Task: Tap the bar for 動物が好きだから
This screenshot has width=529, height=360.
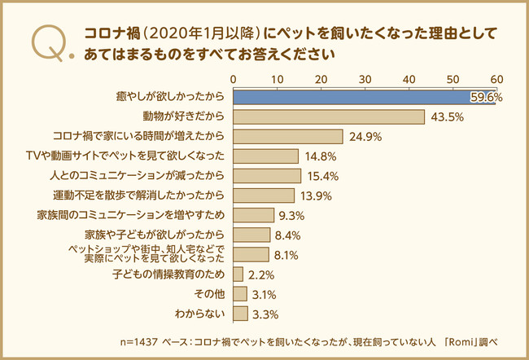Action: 329,117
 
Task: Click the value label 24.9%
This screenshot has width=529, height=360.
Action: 365,137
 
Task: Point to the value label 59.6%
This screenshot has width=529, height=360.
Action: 486,98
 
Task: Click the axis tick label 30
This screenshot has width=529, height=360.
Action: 365,79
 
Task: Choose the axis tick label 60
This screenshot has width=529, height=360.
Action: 496,79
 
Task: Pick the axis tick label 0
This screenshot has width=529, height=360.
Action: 234,79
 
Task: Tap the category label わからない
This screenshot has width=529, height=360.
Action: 199,313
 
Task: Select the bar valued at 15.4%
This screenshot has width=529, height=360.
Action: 267,176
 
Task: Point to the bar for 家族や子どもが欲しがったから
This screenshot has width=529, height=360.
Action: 251,235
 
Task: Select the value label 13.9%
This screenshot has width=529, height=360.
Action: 315,195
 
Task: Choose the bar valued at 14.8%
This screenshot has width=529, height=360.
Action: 265,156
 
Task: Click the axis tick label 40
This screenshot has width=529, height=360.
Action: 409,79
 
